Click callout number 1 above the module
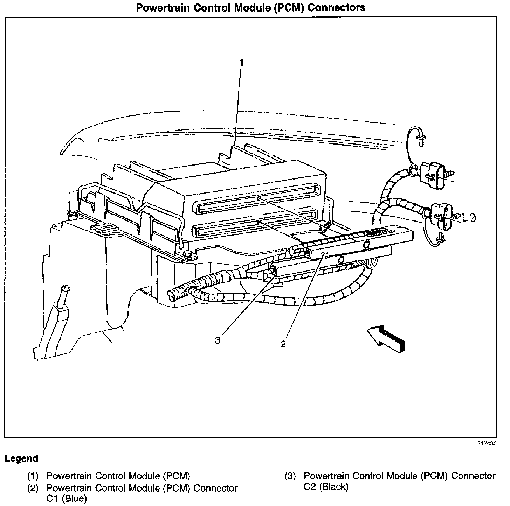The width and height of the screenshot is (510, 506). tap(241, 63)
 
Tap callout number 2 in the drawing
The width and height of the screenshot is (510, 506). tap(283, 344)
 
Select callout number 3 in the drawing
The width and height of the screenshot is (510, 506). tap(218, 340)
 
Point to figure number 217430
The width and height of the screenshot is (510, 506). tap(487, 443)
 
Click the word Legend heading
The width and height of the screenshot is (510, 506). tap(21, 458)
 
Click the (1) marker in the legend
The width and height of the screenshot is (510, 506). tap(33, 476)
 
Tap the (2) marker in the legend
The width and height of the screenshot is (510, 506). tap(33, 488)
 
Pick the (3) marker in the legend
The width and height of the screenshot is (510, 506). tap(290, 476)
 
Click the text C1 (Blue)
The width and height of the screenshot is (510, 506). tap(67, 498)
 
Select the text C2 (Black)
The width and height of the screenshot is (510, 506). tap(326, 486)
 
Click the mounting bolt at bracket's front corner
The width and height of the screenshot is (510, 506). tap(187, 253)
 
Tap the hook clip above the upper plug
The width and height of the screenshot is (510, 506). tap(421, 138)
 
